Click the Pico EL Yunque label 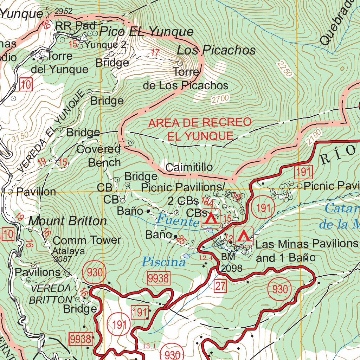(146, 32)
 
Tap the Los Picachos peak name (216, 50)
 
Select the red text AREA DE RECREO (200, 123)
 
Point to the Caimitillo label (189, 167)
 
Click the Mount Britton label (67, 221)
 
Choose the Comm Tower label (87, 240)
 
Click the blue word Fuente (178, 221)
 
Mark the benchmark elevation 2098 (232, 269)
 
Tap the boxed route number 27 (220, 286)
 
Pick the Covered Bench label (99, 156)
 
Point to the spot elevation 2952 (64, 12)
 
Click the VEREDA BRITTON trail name (51, 294)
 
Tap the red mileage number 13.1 (149, 346)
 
